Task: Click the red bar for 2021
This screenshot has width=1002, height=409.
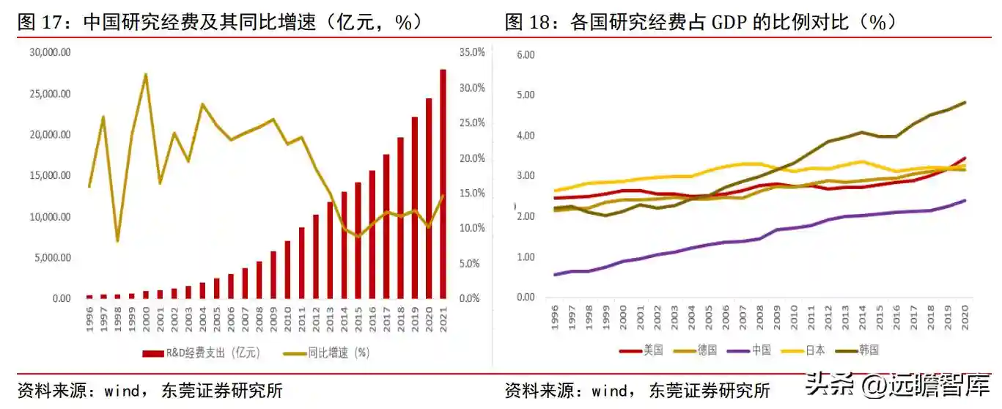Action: (x=443, y=184)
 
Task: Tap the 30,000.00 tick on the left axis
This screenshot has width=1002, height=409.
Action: (x=50, y=53)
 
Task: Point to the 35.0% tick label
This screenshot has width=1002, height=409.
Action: (x=472, y=53)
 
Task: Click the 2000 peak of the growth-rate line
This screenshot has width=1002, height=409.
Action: (x=146, y=74)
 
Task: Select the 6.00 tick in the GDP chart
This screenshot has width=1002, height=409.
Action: (x=526, y=55)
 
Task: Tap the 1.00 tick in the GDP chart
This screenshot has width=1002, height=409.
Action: (x=526, y=257)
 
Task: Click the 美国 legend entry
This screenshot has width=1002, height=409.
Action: (x=641, y=350)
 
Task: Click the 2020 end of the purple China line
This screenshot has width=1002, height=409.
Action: (x=965, y=200)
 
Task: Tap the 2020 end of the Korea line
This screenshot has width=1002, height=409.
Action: (x=965, y=103)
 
